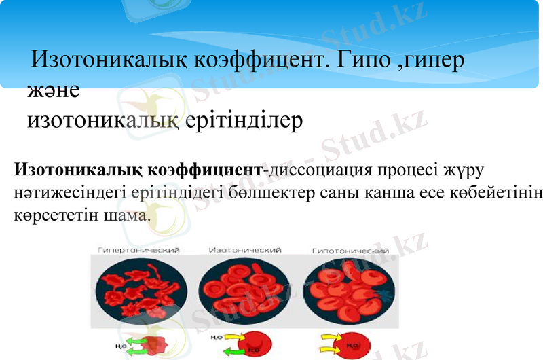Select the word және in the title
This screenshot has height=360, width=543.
click(x=54, y=90)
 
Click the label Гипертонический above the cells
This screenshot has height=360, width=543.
click(x=138, y=250)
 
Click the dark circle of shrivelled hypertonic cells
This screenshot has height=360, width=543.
click(x=139, y=290)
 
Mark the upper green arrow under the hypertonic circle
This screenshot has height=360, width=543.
click(x=132, y=338)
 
